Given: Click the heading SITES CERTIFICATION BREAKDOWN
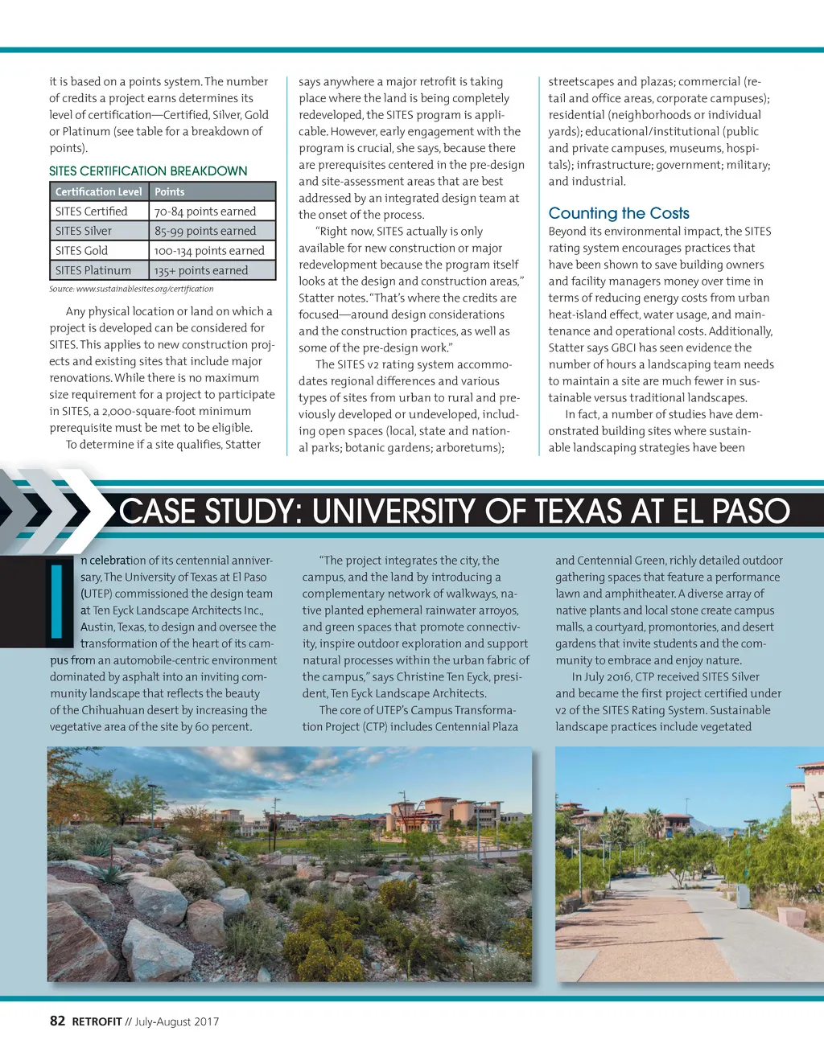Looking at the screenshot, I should point(148,171).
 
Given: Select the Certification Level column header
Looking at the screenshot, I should point(98,191).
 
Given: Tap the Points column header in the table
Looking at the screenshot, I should point(170,191).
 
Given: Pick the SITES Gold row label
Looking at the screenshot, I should point(81,251).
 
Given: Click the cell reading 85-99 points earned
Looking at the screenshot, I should point(205,231).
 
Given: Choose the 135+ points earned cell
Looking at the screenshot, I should point(201,271).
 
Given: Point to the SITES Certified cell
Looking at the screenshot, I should point(92,212).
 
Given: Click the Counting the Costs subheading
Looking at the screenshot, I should point(619,213).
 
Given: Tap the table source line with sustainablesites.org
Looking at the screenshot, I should point(131,289).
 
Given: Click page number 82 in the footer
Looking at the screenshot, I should point(57,1021).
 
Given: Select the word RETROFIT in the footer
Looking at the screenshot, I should point(97,1021).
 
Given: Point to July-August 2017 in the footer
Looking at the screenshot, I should point(177,1021).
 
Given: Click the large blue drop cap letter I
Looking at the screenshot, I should point(56,602).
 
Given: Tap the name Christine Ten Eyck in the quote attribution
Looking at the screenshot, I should point(439,677).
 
